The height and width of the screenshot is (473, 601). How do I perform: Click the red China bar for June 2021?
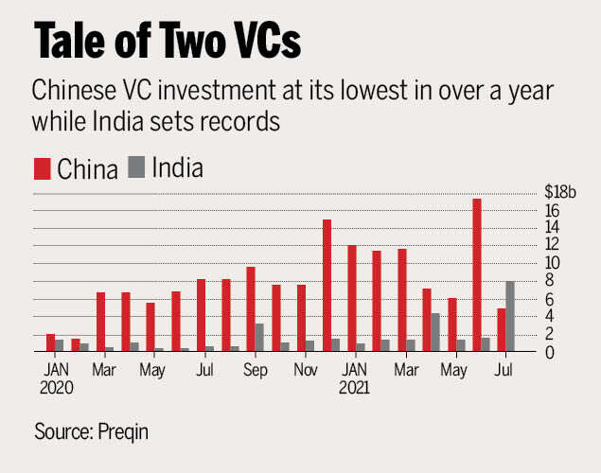point(476,275)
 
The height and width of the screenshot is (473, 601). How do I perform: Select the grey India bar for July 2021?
point(510,316)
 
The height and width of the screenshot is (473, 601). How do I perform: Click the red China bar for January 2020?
point(50,342)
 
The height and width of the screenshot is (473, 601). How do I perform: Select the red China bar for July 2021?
point(501,329)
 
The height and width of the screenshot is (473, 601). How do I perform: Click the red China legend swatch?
point(42,169)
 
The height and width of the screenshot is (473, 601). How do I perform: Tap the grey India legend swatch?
point(136,169)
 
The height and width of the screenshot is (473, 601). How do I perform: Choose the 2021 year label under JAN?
point(357,386)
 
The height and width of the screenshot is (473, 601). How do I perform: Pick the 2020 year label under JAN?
point(56,386)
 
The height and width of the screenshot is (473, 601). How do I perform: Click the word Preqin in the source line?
point(123,432)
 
